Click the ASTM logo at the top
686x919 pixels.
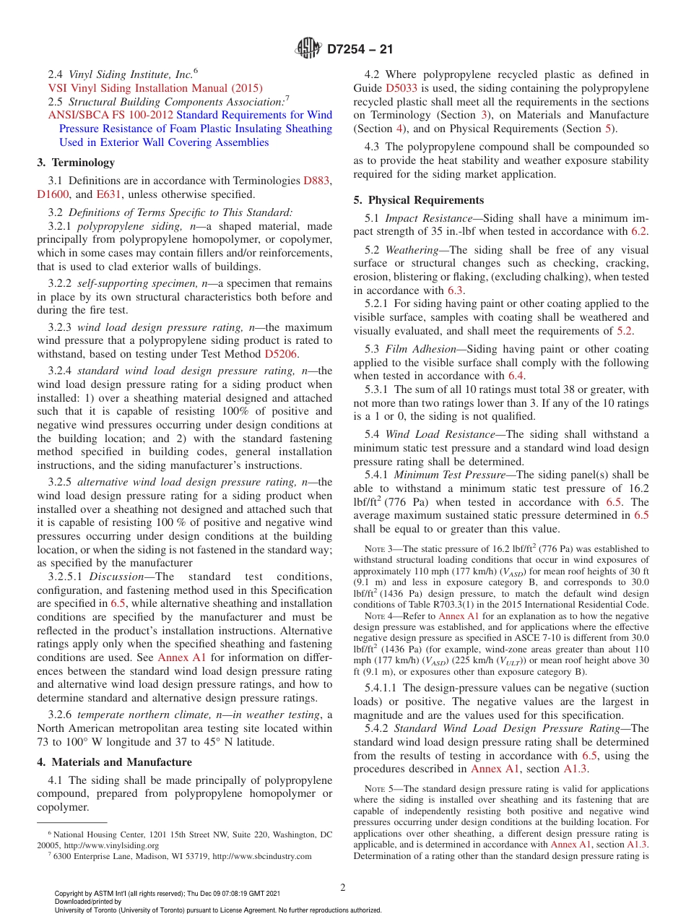[x=309, y=49]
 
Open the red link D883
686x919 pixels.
[x=317, y=180]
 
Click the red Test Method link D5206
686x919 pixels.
[x=280, y=353]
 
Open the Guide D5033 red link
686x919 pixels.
[x=401, y=87]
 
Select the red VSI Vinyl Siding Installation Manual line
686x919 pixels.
[x=155, y=87]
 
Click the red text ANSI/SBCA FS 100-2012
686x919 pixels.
[x=110, y=115]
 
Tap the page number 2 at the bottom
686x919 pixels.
[x=343, y=887]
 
